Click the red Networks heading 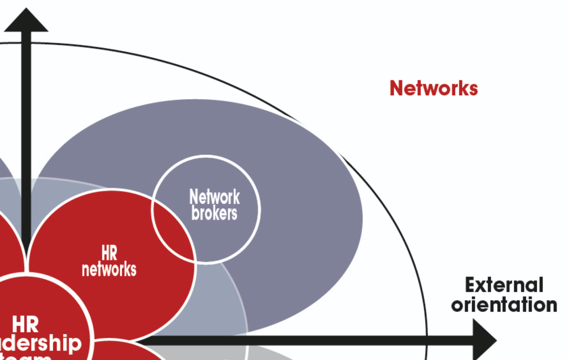coord(434,88)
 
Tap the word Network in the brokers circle coord(214,197)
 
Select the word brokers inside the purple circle coord(214,213)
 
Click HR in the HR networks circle coord(109,254)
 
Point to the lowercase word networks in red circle coord(109,269)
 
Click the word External coord(504,285)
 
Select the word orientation coord(504,305)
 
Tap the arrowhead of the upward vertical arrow coord(26,20)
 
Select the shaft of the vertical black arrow coord(26,138)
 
